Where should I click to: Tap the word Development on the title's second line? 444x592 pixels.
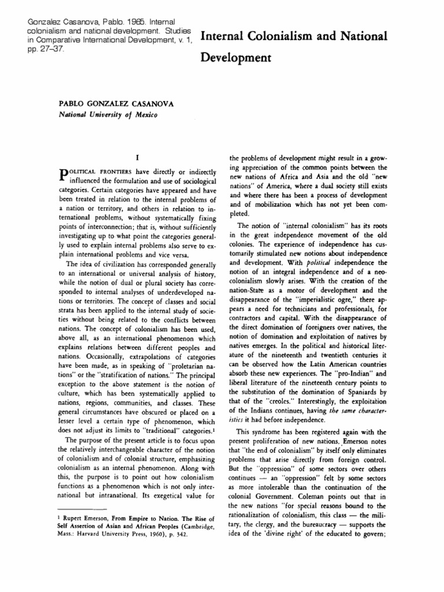(x=236, y=58)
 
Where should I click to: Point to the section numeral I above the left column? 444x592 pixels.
(x=135, y=157)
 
